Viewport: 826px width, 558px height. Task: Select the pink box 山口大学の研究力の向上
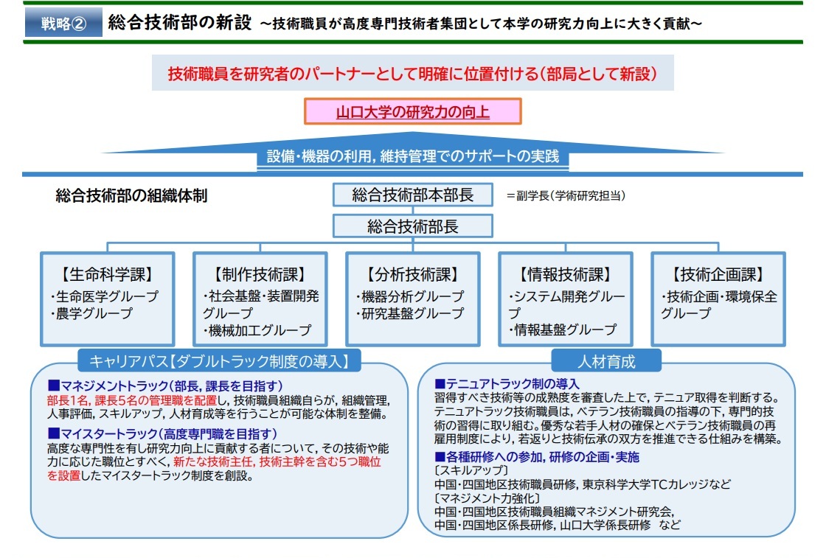pyautogui.click(x=413, y=112)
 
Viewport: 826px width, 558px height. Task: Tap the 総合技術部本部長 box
pyautogui.click(x=412, y=195)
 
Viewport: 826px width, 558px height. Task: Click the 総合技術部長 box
pyautogui.click(x=412, y=226)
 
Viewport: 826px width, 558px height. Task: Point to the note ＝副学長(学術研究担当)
pyautogui.click(x=566, y=196)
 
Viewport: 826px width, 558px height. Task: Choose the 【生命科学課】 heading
pyautogui.click(x=108, y=275)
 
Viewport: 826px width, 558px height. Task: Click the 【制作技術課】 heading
pyautogui.click(x=260, y=275)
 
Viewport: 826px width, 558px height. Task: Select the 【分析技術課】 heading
pyautogui.click(x=412, y=275)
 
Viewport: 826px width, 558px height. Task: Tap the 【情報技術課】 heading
pyautogui.click(x=566, y=275)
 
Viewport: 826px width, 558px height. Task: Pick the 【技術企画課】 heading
pyautogui.click(x=718, y=275)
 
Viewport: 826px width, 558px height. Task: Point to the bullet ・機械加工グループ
pyautogui.click(x=256, y=330)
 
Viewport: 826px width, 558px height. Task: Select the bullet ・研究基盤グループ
pyautogui.click(x=409, y=313)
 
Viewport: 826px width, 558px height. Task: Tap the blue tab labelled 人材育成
pyautogui.click(x=606, y=361)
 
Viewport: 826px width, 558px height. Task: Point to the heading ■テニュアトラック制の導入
pyautogui.click(x=507, y=384)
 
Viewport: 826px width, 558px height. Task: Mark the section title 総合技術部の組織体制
pyautogui.click(x=131, y=196)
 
